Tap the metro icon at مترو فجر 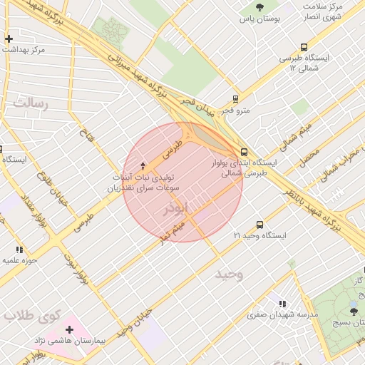[x=235, y=100]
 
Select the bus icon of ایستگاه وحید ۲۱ [x=259, y=224]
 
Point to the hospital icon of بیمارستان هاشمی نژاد [x=69, y=329]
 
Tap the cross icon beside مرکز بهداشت [x=8, y=38]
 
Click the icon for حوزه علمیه [x=19, y=250]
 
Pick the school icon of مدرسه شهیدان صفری [x=283, y=303]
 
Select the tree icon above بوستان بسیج [x=354, y=311]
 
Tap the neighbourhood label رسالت [x=29, y=104]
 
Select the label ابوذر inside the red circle [x=178, y=208]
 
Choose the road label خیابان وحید [x=135, y=322]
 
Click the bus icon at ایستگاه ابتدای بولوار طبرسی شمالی [x=245, y=152]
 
